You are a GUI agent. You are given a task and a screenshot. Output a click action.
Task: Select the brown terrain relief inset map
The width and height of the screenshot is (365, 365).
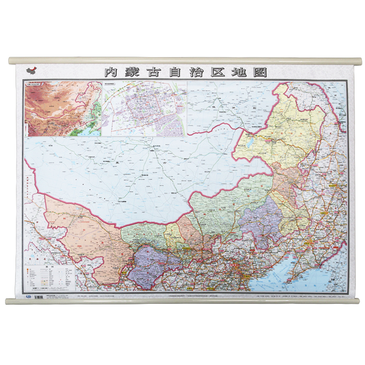tap(63, 109)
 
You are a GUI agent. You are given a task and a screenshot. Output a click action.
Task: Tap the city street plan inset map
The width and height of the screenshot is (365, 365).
tap(144, 109)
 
